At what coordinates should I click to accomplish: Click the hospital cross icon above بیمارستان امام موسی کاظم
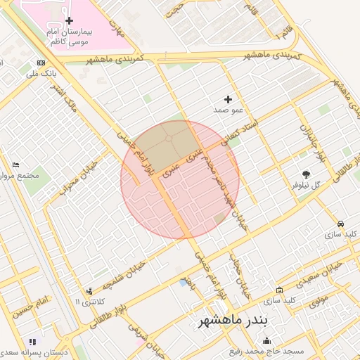(x=68, y=21)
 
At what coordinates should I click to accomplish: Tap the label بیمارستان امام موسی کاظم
(x=68, y=37)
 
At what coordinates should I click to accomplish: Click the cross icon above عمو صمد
(x=228, y=99)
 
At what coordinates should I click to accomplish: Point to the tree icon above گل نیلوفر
(x=306, y=174)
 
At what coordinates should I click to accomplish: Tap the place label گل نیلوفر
(x=306, y=186)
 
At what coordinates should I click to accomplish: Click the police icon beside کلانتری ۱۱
(x=89, y=290)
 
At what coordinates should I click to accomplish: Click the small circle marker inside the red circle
(x=169, y=139)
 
